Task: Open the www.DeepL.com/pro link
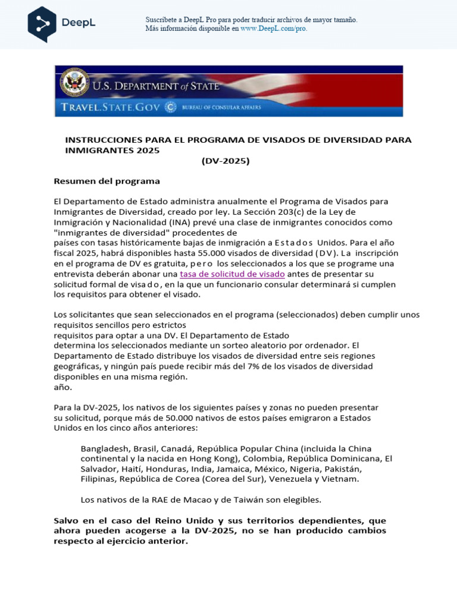pos(274,28)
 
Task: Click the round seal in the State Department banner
pos(74,84)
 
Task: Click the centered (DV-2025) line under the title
pos(225,161)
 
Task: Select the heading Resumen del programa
pos(107,181)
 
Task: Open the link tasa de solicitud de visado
pos(232,274)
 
